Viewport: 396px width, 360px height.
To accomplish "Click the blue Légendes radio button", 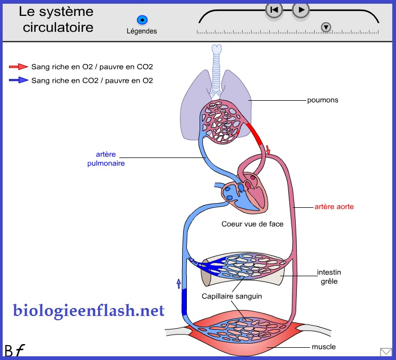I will [142, 20].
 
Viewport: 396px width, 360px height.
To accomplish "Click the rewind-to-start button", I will [274, 10].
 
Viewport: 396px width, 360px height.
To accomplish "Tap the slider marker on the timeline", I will [326, 27].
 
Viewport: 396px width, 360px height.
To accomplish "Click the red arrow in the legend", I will [19, 67].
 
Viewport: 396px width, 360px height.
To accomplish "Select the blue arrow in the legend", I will [19, 81].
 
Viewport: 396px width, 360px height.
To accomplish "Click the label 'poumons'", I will [322, 100].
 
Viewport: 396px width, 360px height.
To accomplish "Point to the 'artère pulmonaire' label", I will [106, 159].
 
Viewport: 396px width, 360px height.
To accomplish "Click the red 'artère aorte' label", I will [334, 206].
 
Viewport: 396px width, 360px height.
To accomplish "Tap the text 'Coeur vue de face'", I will [252, 224].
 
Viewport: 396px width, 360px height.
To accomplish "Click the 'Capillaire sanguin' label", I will [231, 296].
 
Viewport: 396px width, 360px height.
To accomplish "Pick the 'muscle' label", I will [323, 347].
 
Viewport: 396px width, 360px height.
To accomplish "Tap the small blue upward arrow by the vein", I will [179, 283].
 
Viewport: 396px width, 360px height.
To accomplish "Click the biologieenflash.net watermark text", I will [89, 311].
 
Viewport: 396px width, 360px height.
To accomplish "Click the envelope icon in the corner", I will [386, 352].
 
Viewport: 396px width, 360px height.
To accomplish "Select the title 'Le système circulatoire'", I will [56, 19].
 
